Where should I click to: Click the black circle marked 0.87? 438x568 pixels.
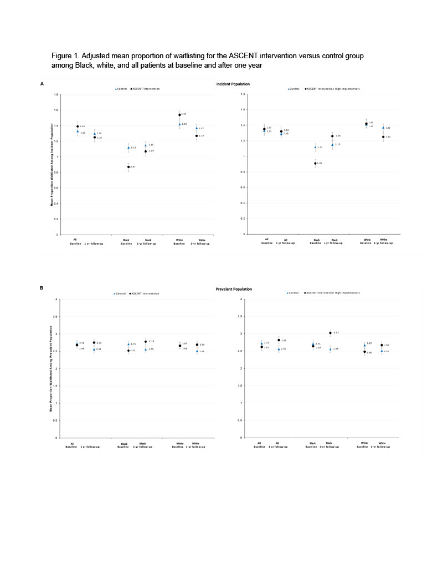128,167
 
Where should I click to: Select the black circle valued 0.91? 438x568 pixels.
315,164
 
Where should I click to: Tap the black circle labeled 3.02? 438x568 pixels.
330,333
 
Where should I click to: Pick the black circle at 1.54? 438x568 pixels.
180,115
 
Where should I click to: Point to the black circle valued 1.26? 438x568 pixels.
332,136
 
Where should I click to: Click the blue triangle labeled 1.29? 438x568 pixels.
281,134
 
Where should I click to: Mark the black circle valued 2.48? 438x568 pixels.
364,352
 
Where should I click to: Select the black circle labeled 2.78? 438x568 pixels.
146,342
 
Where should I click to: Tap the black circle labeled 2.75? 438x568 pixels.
94,343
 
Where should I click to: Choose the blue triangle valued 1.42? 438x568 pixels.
180,124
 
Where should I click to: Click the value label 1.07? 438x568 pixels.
151,151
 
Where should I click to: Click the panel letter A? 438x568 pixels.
42,84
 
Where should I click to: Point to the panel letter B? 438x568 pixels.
42,288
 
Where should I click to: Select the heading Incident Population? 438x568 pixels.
233,84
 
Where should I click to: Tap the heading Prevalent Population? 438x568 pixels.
234,289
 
